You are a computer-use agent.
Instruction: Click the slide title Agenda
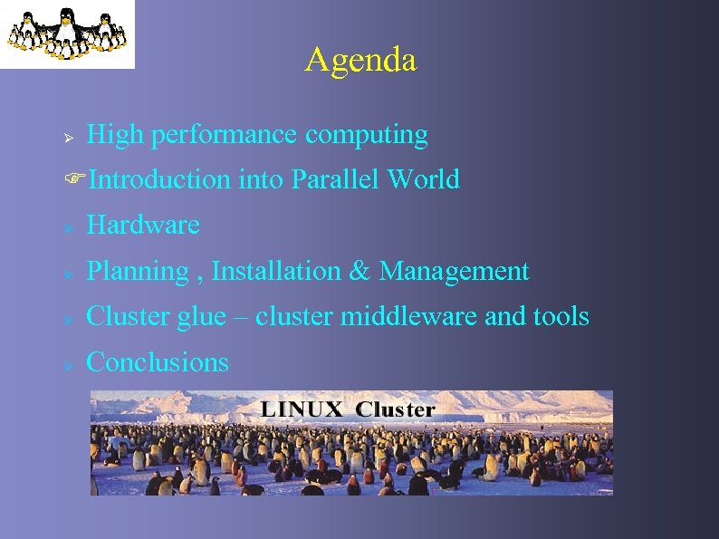coord(360,60)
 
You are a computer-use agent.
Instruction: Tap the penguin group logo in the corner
coord(66,34)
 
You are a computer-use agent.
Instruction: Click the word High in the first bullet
coord(115,135)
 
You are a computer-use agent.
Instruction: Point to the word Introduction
coord(160,180)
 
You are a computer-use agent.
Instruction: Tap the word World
coord(423,180)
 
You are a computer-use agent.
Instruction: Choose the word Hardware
coord(142,226)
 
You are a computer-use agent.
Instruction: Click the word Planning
coord(136,271)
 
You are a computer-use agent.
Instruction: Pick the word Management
coord(454,271)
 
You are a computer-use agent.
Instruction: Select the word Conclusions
coord(157,362)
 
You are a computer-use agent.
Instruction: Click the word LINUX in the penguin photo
coord(302,409)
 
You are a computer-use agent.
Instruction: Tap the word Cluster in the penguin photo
coord(396,409)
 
